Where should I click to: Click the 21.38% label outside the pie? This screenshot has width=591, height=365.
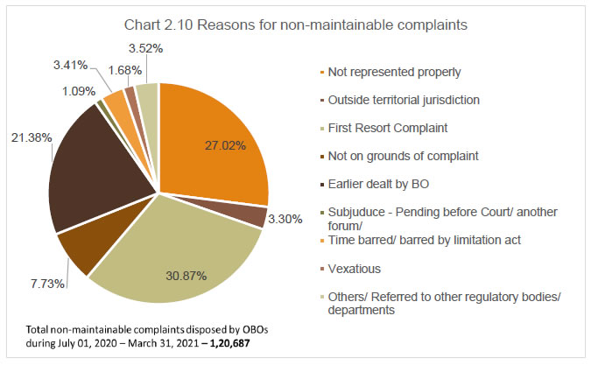[29, 137]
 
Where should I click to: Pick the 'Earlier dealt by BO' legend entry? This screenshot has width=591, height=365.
[383, 184]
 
